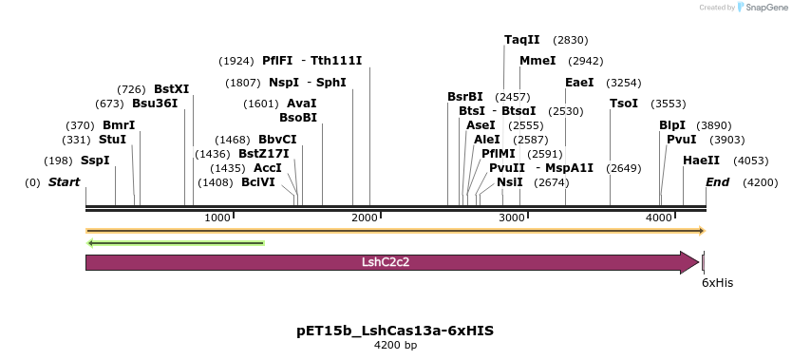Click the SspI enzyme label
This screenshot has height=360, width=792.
(95, 161)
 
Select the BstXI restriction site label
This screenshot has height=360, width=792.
(171, 89)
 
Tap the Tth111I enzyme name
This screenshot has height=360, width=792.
(336, 61)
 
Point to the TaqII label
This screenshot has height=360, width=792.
(521, 40)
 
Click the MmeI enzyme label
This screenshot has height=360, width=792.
(537, 61)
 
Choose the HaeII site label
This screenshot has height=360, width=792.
(701, 161)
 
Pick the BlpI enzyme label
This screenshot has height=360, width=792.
(671, 125)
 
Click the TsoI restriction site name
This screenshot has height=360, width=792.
(624, 104)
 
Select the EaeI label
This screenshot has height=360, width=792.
(579, 83)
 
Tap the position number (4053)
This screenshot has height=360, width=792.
(751, 161)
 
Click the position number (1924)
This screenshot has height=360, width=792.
(236, 61)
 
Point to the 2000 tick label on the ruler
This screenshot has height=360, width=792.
(366, 218)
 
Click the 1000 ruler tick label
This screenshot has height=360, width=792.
(218, 218)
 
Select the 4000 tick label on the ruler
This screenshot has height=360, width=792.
(660, 218)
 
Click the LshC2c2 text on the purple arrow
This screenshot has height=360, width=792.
(386, 262)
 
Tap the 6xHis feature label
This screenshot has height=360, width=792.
(717, 283)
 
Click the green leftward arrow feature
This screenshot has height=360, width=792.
(176, 243)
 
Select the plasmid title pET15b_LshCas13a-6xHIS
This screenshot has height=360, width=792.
(395, 331)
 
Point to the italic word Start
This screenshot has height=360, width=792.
(64, 182)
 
